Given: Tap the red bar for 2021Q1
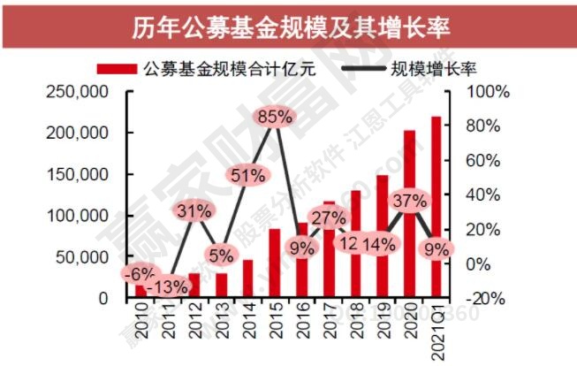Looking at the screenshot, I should click(435, 207).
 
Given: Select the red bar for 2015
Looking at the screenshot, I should click(275, 263).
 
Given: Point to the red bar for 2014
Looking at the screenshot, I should click(248, 278).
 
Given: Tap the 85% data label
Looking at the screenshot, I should click(275, 117).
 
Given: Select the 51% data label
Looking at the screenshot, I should click(248, 174).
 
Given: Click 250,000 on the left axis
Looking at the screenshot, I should click(82, 92).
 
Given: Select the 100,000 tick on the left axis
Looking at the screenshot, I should click(82, 216).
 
